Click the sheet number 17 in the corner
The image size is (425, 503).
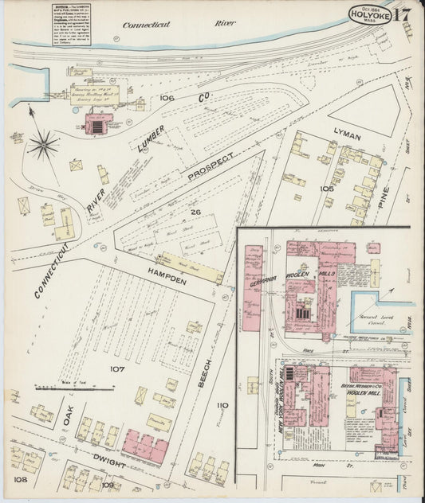(x=402, y=14)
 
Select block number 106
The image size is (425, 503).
(x=167, y=98)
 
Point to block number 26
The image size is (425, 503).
(x=195, y=213)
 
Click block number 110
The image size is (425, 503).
(x=222, y=405)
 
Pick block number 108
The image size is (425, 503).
(x=20, y=480)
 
